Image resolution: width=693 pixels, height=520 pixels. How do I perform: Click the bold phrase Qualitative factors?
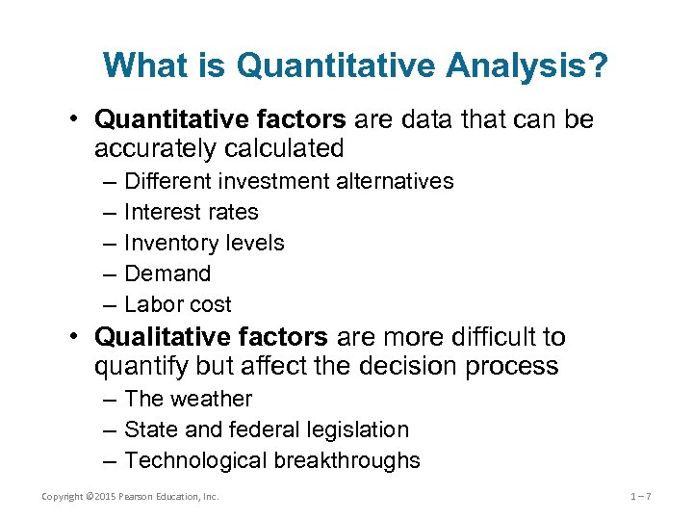point(212,337)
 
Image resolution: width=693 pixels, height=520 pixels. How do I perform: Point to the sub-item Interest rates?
point(192,212)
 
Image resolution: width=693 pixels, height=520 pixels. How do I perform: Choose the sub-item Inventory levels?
point(204,243)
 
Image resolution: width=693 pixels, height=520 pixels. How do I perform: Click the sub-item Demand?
point(167,273)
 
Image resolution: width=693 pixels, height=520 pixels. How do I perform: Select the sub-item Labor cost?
point(178,304)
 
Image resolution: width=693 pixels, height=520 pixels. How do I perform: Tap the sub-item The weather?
point(188,399)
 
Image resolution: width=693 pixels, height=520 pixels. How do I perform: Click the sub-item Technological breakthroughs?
point(272,460)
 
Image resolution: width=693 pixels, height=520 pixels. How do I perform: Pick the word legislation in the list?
point(358,429)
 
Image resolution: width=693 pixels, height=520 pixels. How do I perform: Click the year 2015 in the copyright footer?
point(101,496)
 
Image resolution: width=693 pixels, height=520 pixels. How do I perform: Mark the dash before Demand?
point(105,273)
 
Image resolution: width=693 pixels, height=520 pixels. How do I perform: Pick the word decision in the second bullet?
point(418,366)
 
